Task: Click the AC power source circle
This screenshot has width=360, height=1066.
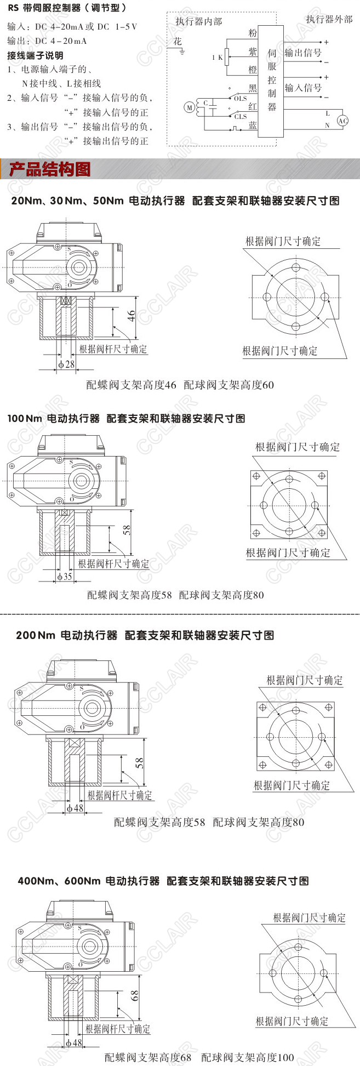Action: [x=342, y=121]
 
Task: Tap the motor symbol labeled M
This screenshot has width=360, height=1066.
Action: [x=190, y=108]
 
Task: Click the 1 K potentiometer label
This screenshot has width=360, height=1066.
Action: [x=218, y=57]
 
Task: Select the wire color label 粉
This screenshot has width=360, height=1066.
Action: [x=252, y=33]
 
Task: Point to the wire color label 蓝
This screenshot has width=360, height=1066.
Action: [x=252, y=126]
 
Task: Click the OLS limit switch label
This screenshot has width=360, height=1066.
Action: [x=241, y=99]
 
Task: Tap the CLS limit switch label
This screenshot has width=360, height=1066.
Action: [x=241, y=116]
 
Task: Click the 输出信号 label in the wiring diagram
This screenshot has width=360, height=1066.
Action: [x=303, y=53]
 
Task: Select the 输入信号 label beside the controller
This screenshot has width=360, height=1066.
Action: [x=303, y=88]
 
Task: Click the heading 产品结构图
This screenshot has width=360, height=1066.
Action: [x=50, y=169]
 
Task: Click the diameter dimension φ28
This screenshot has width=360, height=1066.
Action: [x=66, y=364]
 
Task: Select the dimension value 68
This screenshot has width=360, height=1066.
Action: [x=134, y=995]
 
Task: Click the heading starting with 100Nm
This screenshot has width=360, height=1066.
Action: [x=127, y=419]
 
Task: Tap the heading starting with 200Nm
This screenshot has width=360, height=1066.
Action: [x=145, y=636]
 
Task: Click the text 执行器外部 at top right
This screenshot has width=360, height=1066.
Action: [x=329, y=20]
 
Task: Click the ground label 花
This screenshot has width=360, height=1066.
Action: [x=177, y=42]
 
